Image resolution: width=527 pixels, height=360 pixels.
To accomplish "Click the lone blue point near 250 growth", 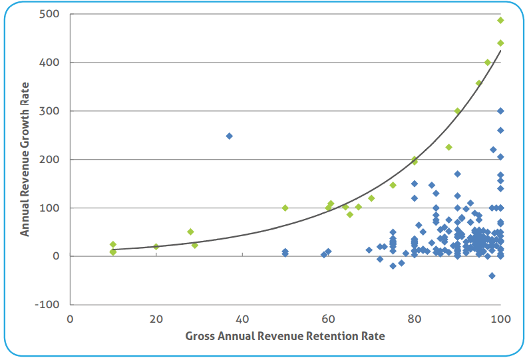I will (229, 136).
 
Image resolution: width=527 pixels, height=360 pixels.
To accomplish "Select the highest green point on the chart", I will (500, 20).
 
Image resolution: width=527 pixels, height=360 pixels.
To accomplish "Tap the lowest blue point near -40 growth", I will (492, 275).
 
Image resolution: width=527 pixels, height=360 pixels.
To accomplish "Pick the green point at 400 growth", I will (488, 63).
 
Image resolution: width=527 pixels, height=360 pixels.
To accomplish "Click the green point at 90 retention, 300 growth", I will (458, 111).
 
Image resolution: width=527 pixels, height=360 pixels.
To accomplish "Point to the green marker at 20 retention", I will (156, 246).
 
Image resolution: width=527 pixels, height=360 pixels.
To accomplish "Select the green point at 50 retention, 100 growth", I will (285, 208).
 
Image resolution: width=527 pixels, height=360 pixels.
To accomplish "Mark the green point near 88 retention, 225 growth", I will (449, 147).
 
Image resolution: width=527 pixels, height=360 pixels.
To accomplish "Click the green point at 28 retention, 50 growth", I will (190, 232).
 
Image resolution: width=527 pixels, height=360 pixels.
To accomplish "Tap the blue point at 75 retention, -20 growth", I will (393, 266).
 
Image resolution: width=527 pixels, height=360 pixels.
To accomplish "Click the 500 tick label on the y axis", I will (49, 14).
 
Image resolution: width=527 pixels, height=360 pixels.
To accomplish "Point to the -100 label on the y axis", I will (47, 305).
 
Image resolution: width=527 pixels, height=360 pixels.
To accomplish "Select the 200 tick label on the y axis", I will (49, 160).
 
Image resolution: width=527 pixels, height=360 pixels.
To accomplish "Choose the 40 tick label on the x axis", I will (242, 319).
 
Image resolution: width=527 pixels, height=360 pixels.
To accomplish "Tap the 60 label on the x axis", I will (328, 319).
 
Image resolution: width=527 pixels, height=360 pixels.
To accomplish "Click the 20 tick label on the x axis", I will (156, 319).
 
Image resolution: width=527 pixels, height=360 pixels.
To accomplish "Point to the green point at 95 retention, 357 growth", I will (478, 83).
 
